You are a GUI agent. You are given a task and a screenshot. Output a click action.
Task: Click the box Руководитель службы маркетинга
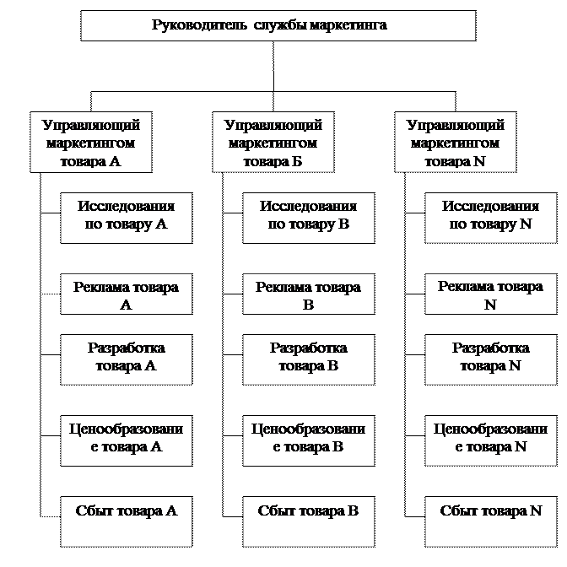[x=278, y=25]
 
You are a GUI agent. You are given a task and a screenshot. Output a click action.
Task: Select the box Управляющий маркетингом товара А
[x=91, y=143]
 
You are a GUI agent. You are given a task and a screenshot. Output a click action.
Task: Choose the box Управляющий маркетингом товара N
[x=456, y=143]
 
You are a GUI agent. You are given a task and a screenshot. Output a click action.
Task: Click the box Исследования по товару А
[x=126, y=217]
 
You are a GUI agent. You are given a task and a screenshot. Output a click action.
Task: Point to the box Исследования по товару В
[x=308, y=217]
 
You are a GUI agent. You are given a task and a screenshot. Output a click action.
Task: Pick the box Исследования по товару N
[x=490, y=217]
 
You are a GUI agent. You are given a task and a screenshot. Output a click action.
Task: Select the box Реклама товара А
[x=126, y=295]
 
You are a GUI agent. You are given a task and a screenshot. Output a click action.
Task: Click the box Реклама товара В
[x=308, y=295]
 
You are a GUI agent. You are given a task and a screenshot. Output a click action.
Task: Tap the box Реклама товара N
[x=490, y=295]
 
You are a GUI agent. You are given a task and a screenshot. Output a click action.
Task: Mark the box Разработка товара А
[x=126, y=357]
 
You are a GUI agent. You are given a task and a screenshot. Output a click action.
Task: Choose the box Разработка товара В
[x=308, y=357]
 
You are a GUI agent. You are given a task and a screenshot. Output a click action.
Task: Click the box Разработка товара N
[x=490, y=357]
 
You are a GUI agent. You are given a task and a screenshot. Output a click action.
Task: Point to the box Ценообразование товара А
[x=126, y=439]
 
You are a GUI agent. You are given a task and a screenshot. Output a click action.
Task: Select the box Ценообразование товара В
[x=308, y=439]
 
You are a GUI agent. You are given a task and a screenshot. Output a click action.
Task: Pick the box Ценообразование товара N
[x=490, y=439]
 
